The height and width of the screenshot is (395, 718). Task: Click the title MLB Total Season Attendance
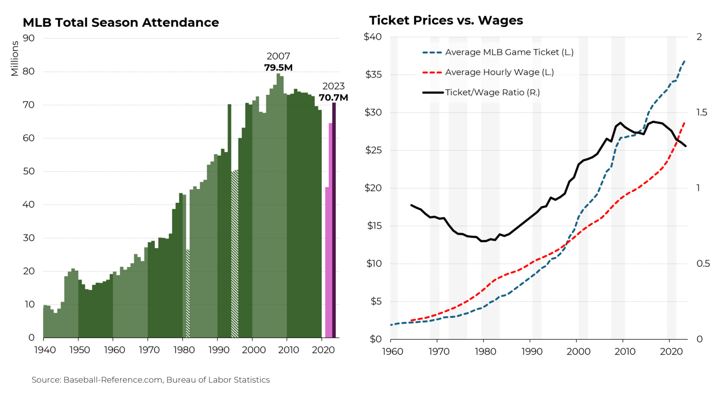121,22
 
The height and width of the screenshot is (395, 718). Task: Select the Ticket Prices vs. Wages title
446,20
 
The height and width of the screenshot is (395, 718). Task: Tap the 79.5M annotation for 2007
278,67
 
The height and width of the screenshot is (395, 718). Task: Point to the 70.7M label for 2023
333,97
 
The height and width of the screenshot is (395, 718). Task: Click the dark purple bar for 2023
334,220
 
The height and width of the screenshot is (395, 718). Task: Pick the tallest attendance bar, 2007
278,206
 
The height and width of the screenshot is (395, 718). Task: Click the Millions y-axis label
14,58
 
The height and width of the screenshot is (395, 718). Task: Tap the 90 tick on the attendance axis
29,38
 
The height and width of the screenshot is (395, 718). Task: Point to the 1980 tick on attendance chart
184,350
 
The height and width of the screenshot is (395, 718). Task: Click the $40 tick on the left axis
373,36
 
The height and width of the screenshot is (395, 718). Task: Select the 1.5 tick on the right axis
701,112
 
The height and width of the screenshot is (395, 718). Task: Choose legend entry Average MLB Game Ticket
509,52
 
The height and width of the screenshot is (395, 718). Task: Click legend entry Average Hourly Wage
499,72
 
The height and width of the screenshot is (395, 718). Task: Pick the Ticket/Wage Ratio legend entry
492,93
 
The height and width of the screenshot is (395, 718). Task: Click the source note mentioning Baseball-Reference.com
151,380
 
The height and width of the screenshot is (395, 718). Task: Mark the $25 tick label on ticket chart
373,150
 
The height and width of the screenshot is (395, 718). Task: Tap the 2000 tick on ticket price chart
578,352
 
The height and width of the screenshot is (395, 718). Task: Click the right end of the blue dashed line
685,61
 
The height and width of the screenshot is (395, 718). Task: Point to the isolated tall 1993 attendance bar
230,220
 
